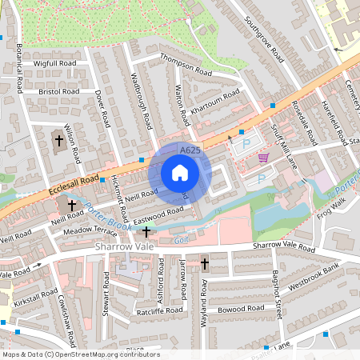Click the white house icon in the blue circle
pyautogui.click(x=180, y=173)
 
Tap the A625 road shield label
pyautogui.click(x=189, y=150)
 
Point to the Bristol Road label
pyautogui.click(x=58, y=92)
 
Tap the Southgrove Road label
pyautogui.click(x=265, y=39)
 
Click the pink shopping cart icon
pyautogui.click(x=264, y=158)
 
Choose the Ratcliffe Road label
pyautogui.click(x=161, y=312)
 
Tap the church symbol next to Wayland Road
pyautogui.click(x=205, y=263)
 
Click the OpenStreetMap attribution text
pyautogui.click(x=80, y=354)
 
